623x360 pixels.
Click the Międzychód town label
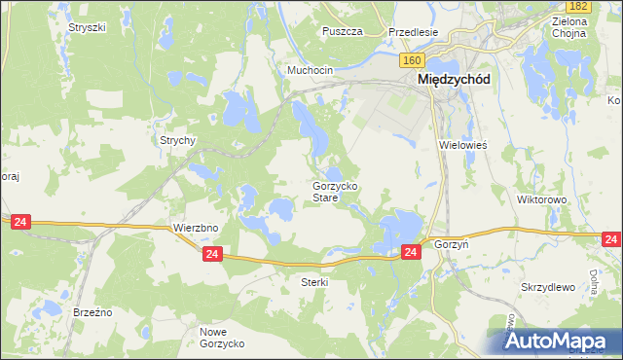pos(453,81)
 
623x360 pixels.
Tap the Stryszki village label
pos(87,27)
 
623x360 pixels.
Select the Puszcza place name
pos(343,31)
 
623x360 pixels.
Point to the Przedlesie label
pos(413,31)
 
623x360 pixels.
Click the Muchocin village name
pos(311,71)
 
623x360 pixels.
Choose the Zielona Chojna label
pos(568,27)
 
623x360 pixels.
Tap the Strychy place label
pos(179,140)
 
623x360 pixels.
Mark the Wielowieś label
pos(462,144)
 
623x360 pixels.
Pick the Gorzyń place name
pos(452,245)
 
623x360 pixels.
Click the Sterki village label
pos(314,282)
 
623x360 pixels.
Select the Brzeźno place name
pos(93,312)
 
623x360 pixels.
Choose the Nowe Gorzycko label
pos(221,338)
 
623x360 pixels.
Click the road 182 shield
pos(579,7)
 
